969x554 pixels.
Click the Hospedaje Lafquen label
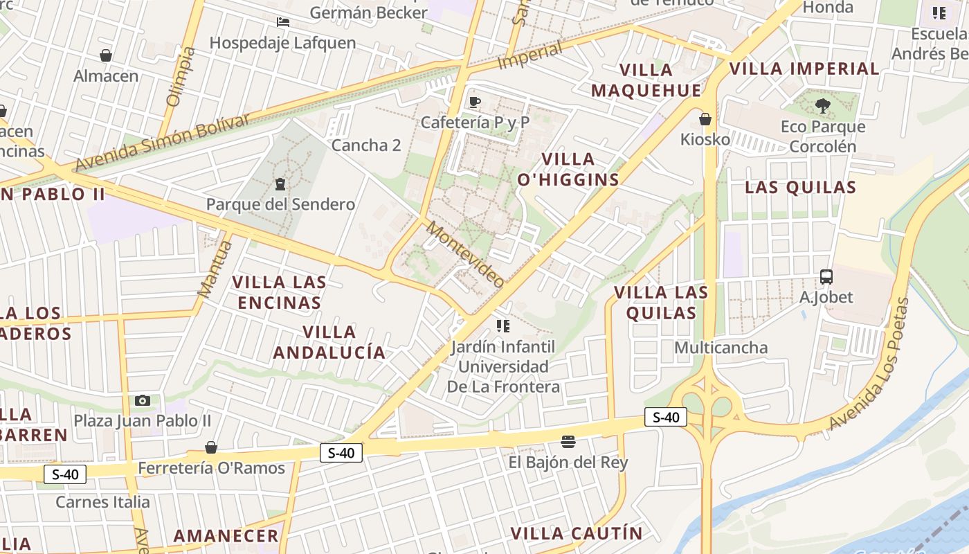[282, 43]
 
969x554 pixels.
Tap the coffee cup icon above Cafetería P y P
[474, 102]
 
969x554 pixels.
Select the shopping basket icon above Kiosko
[705, 119]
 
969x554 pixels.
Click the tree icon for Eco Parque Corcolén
[822, 106]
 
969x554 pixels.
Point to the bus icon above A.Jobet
[826, 277]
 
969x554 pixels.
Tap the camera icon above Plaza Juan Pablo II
[143, 400]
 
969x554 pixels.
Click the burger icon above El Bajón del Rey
[568, 441]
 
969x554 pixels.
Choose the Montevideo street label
[465, 254]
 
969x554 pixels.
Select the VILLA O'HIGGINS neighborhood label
[568, 169]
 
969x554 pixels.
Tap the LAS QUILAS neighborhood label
[800, 187]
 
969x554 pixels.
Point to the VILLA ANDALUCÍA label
[329, 342]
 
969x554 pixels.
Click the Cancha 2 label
[366, 145]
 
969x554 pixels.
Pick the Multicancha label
[721, 348]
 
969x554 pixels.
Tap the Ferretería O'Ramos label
[211, 468]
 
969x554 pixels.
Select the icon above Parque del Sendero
[280, 184]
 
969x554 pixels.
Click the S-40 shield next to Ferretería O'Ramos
[341, 453]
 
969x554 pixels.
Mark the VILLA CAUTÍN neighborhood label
[577, 533]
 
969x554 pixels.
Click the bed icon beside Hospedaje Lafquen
[282, 22]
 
